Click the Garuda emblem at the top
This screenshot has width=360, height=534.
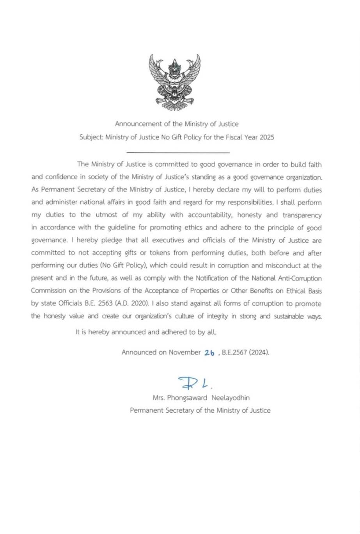(x=174, y=81)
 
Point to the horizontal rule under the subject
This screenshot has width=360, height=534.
(x=178, y=152)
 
